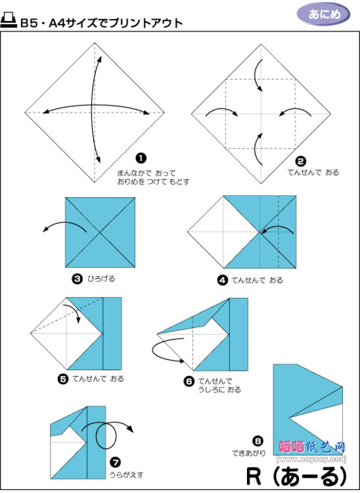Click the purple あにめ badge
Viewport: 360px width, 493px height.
point(323,14)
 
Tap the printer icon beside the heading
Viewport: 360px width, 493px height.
point(9,21)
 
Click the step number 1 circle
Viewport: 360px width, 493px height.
point(141,158)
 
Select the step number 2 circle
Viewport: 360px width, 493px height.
point(301,162)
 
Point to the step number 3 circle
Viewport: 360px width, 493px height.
point(77,279)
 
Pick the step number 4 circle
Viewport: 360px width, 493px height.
point(223,280)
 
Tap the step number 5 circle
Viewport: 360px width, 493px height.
point(63,379)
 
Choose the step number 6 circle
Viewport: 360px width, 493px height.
point(189,382)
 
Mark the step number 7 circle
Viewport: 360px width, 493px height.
point(115,462)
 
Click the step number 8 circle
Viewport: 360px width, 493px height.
point(258,441)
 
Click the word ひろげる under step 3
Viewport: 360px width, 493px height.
point(101,279)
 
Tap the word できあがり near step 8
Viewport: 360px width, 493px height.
point(249,453)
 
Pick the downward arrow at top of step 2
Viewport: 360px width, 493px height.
point(256,74)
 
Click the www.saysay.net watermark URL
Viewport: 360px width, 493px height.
point(311,459)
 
